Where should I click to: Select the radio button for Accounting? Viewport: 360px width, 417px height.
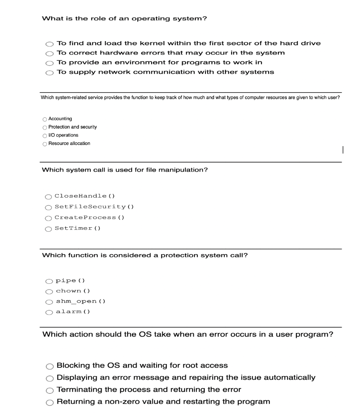pyautogui.click(x=44, y=119)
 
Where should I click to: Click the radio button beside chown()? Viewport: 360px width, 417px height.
pyautogui.click(x=49, y=291)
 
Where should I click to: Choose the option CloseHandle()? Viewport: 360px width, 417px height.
pyautogui.click(x=49, y=197)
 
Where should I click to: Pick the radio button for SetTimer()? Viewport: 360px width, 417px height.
pyautogui.click(x=49, y=228)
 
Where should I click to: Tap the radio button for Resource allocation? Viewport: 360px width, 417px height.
pyautogui.click(x=44, y=144)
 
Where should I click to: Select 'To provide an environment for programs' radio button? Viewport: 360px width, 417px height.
pyautogui.click(x=49, y=63)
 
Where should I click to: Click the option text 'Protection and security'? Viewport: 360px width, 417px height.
pyautogui.click(x=73, y=127)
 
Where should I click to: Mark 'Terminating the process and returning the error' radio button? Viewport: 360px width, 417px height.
pyautogui.click(x=50, y=390)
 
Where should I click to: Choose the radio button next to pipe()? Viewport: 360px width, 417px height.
pyautogui.click(x=49, y=281)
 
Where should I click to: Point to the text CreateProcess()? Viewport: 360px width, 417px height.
pyautogui.click(x=89, y=217)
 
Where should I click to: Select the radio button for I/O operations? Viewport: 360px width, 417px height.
pyautogui.click(x=44, y=136)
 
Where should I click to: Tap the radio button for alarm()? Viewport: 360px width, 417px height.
pyautogui.click(x=49, y=312)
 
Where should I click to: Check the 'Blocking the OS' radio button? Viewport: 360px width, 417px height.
pyautogui.click(x=50, y=366)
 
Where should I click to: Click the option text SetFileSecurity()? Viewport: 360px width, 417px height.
pyautogui.click(x=94, y=207)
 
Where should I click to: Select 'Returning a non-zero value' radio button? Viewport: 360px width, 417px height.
pyautogui.click(x=50, y=402)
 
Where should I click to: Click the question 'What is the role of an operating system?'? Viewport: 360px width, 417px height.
pyautogui.click(x=125, y=19)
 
